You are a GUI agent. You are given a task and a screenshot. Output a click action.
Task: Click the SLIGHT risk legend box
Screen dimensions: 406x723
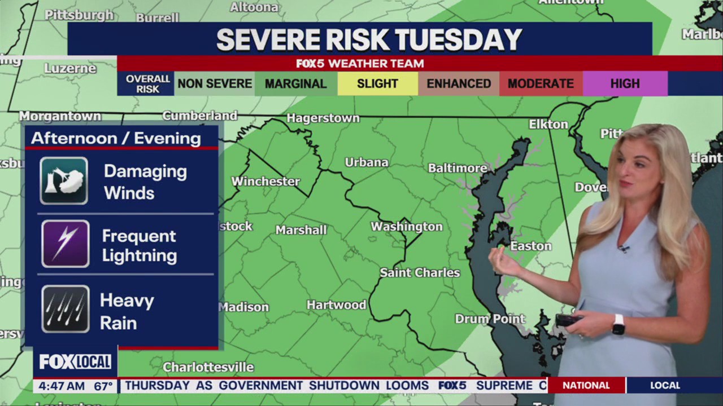tap(377, 84)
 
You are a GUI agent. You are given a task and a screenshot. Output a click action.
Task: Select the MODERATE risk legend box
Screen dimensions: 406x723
tap(541, 84)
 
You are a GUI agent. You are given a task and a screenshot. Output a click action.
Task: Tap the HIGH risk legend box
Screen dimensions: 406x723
tap(625, 84)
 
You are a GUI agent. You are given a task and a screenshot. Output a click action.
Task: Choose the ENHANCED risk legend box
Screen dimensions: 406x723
tap(458, 84)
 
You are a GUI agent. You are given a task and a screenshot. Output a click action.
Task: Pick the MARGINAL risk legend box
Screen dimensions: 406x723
tap(295, 84)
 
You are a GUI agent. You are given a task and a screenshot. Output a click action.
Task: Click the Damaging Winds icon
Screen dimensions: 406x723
tap(64, 181)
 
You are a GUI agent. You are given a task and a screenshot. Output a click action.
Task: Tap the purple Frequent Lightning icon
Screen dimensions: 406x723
tap(65, 244)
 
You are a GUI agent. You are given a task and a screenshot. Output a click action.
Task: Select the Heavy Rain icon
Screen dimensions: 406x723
tap(65, 308)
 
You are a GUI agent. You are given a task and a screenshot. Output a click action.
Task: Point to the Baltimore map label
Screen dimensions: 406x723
tap(457, 168)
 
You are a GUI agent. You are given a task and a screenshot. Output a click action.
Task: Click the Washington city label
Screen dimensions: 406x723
tap(406, 227)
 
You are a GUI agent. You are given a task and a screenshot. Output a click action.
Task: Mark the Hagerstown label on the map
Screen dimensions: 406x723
tap(323, 118)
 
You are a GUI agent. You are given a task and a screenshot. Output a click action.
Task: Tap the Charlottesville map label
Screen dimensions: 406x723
tap(208, 368)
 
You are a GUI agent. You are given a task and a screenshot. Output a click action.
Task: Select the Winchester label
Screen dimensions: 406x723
tap(265, 182)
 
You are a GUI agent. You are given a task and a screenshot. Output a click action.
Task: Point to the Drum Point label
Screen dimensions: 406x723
tap(490, 319)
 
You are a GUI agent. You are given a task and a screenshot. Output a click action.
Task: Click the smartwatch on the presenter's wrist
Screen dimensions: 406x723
tap(619, 324)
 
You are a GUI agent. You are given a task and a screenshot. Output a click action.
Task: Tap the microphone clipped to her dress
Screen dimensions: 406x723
tap(624, 248)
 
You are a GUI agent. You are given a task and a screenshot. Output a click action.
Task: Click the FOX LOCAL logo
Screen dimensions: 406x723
tap(75, 361)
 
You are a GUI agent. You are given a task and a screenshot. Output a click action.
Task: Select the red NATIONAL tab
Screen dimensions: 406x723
tap(586, 386)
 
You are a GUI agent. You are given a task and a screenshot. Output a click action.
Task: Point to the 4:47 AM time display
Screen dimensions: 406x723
tap(59, 386)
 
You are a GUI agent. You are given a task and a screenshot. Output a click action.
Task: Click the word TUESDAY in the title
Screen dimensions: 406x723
tap(458, 40)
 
